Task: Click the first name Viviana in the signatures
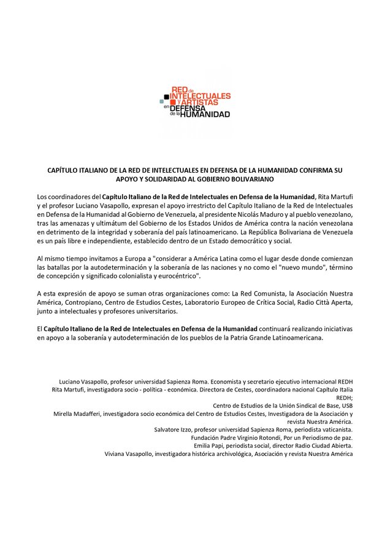[117, 453]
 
